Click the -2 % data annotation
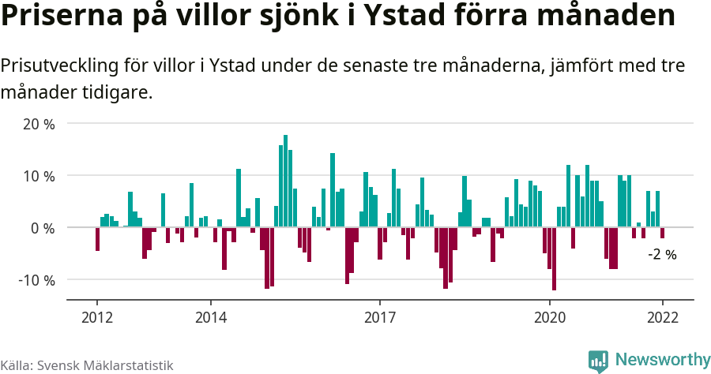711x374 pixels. pos(662,254)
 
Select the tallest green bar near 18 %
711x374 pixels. pos(285,181)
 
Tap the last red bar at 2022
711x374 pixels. pos(662,233)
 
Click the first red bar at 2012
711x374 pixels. pos(97,239)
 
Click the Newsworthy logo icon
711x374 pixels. pos(598,361)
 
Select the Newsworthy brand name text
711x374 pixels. pos(662,361)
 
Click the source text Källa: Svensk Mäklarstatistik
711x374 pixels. pos(87,365)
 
